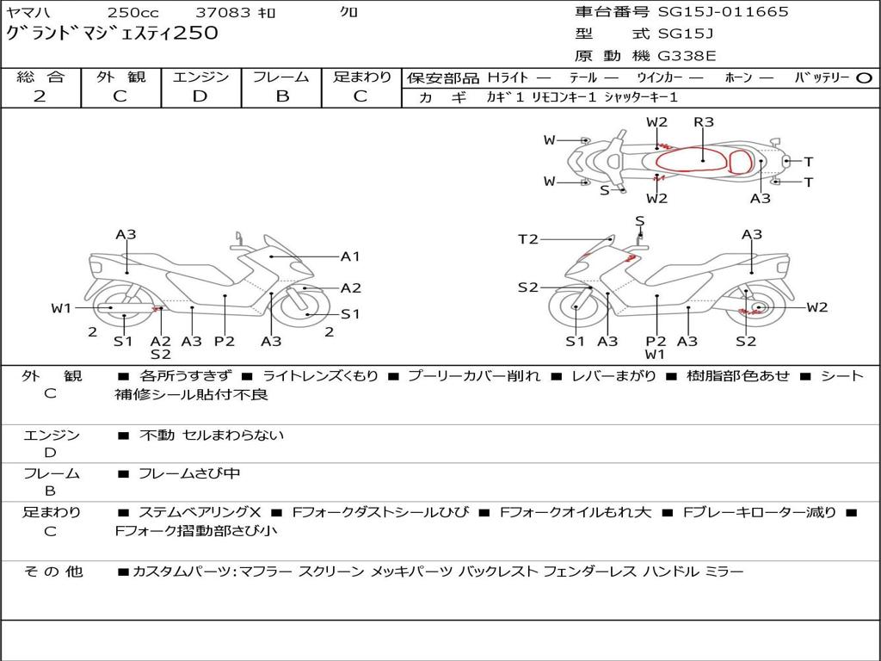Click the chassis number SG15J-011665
click(x=723, y=12)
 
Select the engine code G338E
click(x=686, y=57)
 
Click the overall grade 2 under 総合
click(x=40, y=96)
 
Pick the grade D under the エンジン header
click(x=200, y=96)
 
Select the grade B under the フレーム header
click(x=281, y=96)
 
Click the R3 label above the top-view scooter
click(x=704, y=122)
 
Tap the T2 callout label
click(x=528, y=239)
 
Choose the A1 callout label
click(x=350, y=256)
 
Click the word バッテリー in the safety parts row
click(x=822, y=77)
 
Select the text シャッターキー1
click(x=640, y=97)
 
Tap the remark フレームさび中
click(x=189, y=473)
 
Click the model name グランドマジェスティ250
click(x=112, y=34)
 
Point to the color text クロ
click(x=348, y=13)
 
